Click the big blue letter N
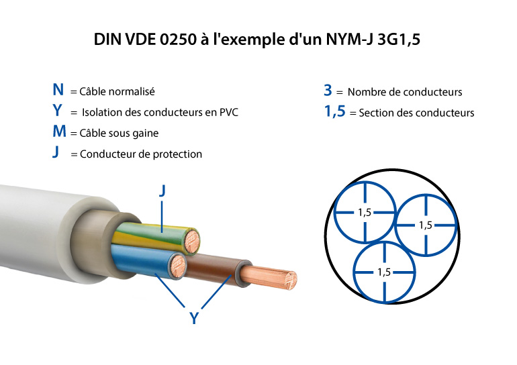(59, 90)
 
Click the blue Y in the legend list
(58, 111)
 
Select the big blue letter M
(59, 132)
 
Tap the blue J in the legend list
(56, 153)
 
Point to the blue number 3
(328, 91)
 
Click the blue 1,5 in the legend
(334, 111)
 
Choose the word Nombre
(366, 92)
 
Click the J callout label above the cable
(162, 191)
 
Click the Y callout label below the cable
(194, 319)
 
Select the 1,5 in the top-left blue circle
(365, 212)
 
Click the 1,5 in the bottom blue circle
(384, 272)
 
